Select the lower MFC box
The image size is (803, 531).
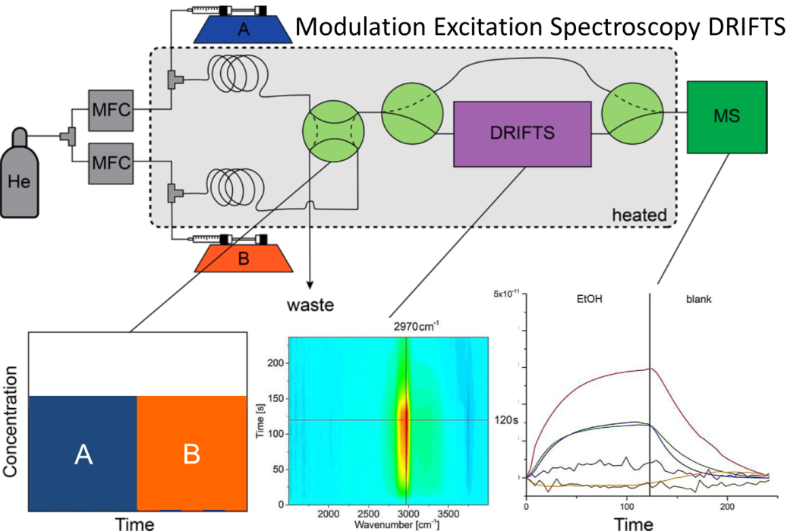coord(110,162)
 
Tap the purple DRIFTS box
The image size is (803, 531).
coord(521,133)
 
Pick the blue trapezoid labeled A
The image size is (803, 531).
coord(243,29)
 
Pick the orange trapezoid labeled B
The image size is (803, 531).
coord(243,259)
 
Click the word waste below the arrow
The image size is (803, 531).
coord(311,306)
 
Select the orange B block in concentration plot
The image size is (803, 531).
coord(192,454)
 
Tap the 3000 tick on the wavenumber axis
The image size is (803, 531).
coord(408,514)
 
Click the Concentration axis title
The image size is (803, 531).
coord(11,422)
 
